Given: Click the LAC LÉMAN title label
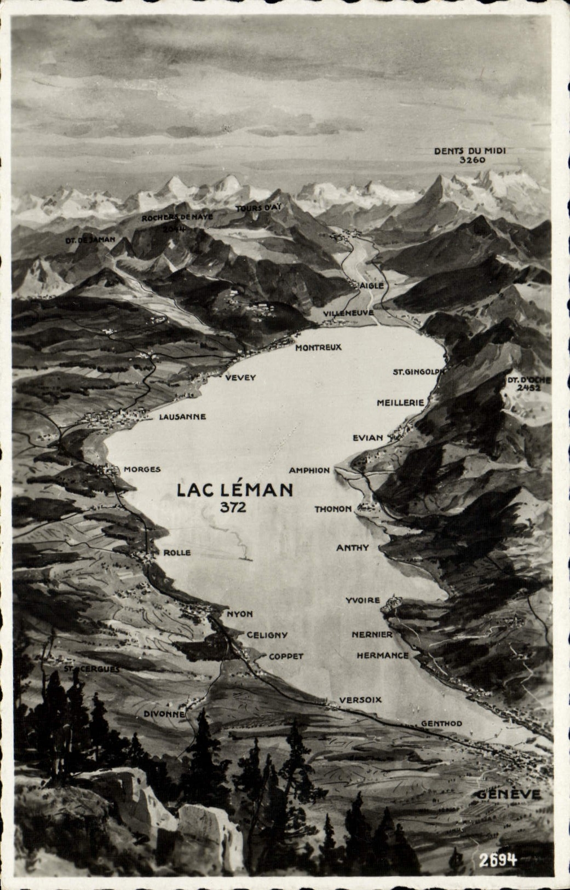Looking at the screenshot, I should pyautogui.click(x=234, y=489).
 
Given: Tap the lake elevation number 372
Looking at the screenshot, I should pyautogui.click(x=233, y=507).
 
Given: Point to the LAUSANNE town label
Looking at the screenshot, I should pyautogui.click(x=182, y=417).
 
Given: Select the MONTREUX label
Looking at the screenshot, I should pyautogui.click(x=318, y=347).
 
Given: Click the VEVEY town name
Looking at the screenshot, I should pyautogui.click(x=240, y=378).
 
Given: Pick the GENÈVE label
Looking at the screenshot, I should pyautogui.click(x=508, y=795).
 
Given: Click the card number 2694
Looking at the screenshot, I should pyautogui.click(x=498, y=860).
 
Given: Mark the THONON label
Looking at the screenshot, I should pyautogui.click(x=333, y=509).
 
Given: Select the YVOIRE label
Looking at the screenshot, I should pyautogui.click(x=362, y=600).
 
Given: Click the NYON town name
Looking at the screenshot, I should pyautogui.click(x=240, y=614).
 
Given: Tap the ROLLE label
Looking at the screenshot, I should pyautogui.click(x=177, y=553).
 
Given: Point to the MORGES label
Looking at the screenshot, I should pyautogui.click(x=142, y=469).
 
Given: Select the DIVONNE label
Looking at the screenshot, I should pyautogui.click(x=164, y=714).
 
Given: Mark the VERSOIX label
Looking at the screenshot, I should pyautogui.click(x=360, y=700).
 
